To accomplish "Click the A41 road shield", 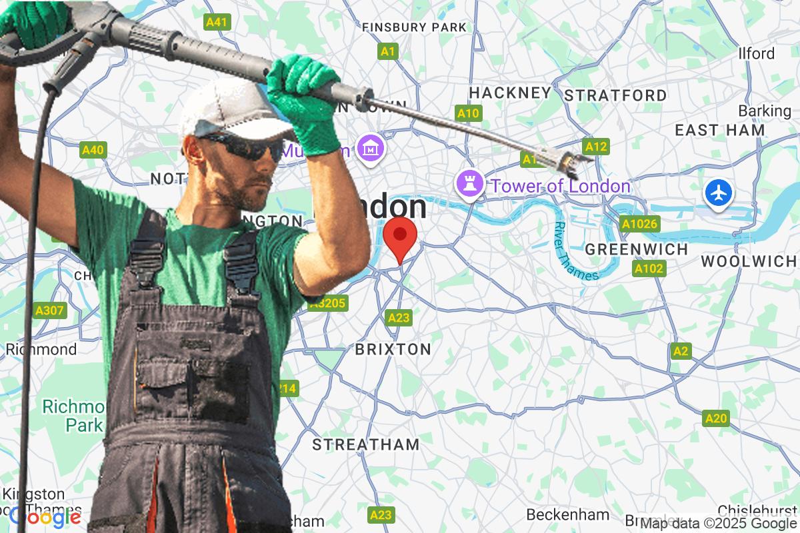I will point(217,22).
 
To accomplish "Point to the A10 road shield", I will point(468,113).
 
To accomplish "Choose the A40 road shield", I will point(93,150).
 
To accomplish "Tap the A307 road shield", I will point(50,310).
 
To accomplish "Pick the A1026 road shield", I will point(639,224).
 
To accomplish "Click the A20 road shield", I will point(715,418).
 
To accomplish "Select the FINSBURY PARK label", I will point(414,27).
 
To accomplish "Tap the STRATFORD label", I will point(615,95).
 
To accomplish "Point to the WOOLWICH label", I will point(749,262).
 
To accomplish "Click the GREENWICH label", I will point(636,249).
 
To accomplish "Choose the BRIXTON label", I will point(393,349).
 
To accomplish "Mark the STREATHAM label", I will point(366,444).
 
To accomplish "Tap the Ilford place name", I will point(756,53).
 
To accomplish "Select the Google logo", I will point(45,516).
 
